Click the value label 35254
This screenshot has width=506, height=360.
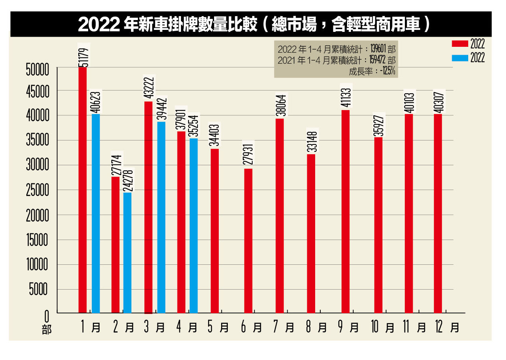click(193, 126)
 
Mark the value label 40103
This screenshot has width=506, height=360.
click(409, 100)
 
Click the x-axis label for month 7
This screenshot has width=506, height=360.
click(283, 327)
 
